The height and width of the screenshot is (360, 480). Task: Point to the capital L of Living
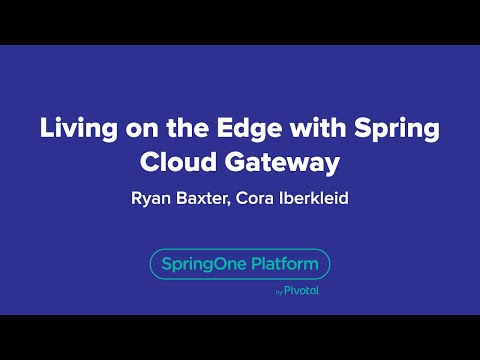tap(45, 129)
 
